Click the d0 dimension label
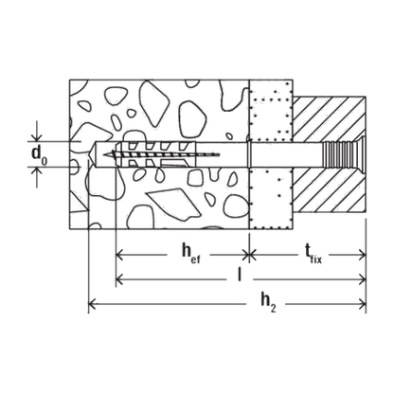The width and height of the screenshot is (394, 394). coord(39,155)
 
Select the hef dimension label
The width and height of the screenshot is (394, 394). coord(190,253)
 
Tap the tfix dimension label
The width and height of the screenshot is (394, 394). coord(313,254)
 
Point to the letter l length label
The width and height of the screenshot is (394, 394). coord(240,274)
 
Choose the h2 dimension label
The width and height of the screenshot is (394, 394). coord(268,302)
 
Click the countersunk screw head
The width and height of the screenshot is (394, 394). coord(359,154)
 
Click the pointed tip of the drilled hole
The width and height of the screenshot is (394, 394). coord(91,154)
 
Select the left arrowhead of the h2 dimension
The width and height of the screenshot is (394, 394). coord(92,304)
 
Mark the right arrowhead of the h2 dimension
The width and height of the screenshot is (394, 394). coord(362,304)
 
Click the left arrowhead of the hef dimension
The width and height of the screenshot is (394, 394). coord(119,254)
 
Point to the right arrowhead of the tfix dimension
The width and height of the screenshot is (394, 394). coord(362,254)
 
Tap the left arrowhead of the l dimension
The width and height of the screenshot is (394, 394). coord(119,278)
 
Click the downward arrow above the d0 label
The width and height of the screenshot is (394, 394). coord(37,131)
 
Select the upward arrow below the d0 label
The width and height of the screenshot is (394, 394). coord(37,177)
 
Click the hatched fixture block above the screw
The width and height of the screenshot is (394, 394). coord(329,119)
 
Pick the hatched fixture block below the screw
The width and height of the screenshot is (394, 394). coord(329,189)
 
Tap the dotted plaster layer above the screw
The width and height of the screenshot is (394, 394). coord(271,111)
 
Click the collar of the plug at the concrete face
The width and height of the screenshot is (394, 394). coord(249,154)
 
